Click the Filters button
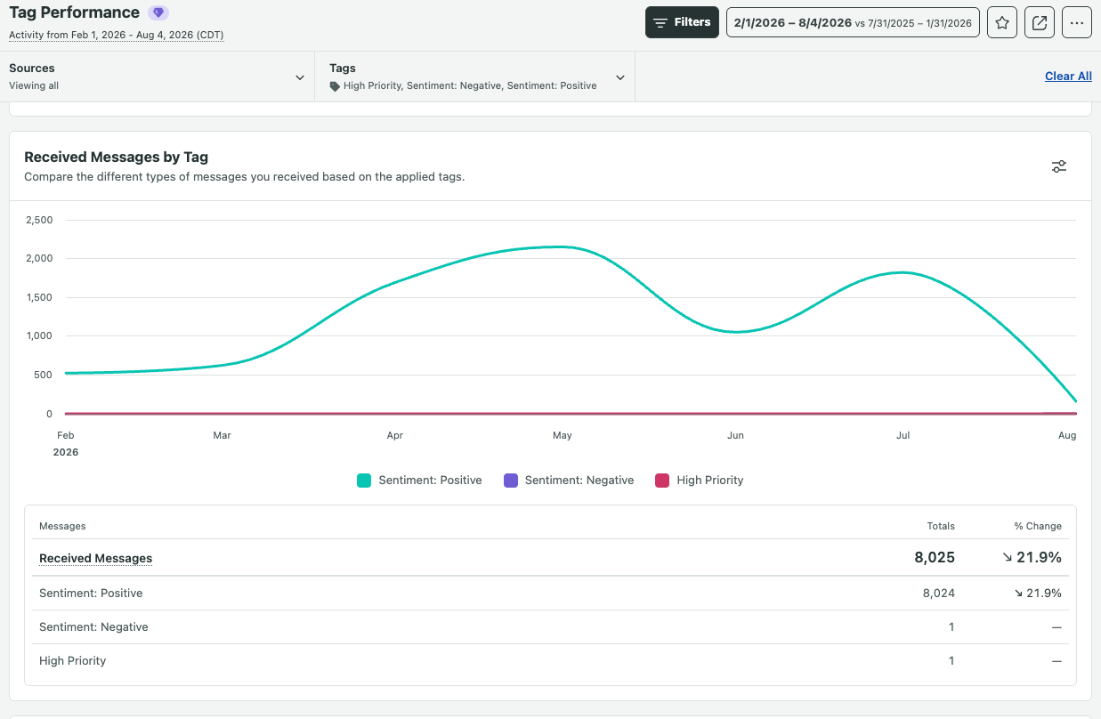pos(682,22)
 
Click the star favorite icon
pos(1001,22)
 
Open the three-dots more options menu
pos(1076,22)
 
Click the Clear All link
pos(1068,77)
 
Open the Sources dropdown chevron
pos(300,77)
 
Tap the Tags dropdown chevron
pos(620,77)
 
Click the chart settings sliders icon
pos(1059,166)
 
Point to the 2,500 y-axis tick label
pos(39,220)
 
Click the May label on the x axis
pos(563,435)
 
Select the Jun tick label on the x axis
pos(735,435)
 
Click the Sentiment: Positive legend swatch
pos(364,481)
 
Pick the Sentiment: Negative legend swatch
pos(511,481)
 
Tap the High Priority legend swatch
pos(662,481)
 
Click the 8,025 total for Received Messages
pos(935,557)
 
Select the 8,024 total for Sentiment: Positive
pos(939,594)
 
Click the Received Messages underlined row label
pos(96,558)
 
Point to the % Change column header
pos(1038,526)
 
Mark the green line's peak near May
pos(561,246)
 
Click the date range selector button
pos(853,22)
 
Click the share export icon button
pos(1039,22)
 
